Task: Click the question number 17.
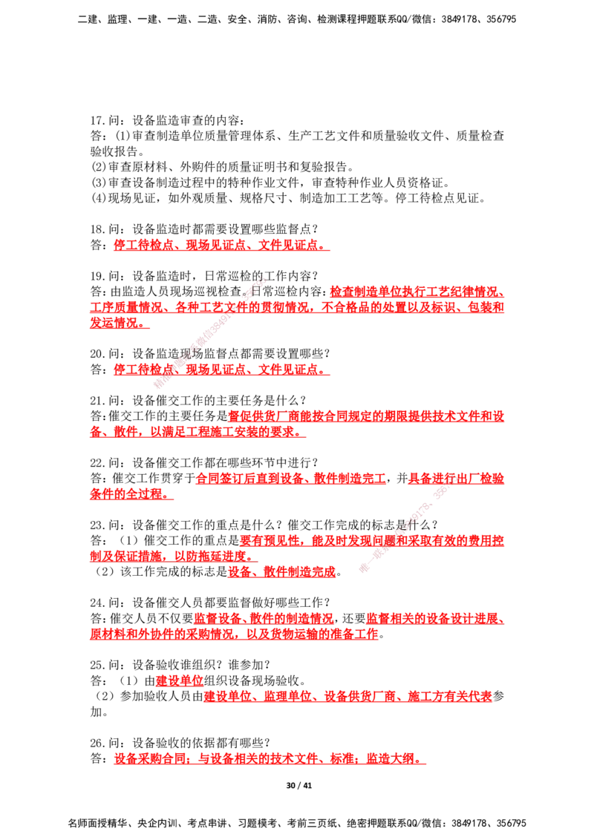(x=97, y=120)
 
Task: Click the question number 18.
(x=97, y=229)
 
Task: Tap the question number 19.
(x=97, y=276)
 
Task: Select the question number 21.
(x=97, y=400)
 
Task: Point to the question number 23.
(x=97, y=525)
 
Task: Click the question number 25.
(x=97, y=665)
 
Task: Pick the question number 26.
(x=97, y=743)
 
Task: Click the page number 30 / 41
(x=298, y=785)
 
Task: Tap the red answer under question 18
(x=221, y=245)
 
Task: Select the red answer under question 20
(x=221, y=369)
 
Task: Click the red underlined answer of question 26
(x=270, y=758)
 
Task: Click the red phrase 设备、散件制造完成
(x=282, y=571)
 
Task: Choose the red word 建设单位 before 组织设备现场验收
(x=180, y=680)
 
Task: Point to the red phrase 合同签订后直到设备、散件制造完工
(x=291, y=478)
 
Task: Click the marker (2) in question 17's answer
(x=99, y=167)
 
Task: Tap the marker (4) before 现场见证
(x=99, y=198)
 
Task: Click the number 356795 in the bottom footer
(x=511, y=823)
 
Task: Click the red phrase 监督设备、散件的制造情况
(x=264, y=618)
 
